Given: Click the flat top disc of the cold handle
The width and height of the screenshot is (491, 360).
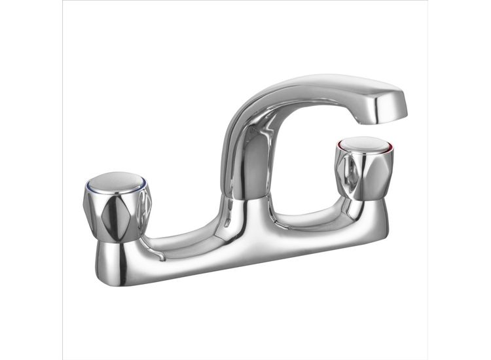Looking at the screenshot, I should coord(117,181).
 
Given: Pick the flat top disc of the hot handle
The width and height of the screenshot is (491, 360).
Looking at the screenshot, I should coord(362,144).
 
